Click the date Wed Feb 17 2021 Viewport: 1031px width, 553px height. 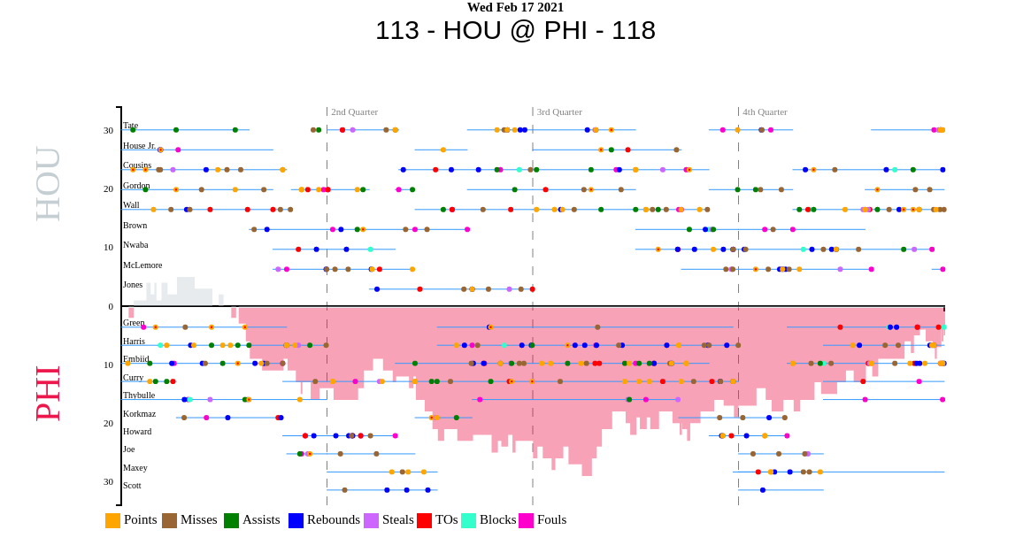515,8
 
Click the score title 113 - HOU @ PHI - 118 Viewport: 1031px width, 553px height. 515,30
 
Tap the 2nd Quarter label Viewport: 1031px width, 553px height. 354,111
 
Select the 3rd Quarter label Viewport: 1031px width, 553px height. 559,111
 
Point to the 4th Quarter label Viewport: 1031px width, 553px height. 765,111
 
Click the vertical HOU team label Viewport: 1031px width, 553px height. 47,183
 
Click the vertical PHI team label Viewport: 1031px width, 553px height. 47,392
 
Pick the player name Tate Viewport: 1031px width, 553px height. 130,126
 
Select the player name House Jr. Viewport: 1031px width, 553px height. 139,146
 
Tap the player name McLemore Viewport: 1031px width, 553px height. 142,265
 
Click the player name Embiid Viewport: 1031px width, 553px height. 136,359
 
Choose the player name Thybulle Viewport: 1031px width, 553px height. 139,396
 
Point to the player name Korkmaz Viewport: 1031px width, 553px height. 140,414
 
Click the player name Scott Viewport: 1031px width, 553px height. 132,486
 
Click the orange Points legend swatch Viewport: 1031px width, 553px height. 112,520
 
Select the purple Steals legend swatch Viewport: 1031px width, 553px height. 371,520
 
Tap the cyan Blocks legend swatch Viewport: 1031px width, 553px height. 468,520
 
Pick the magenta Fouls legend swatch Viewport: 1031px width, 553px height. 526,520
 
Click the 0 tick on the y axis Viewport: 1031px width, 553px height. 111,307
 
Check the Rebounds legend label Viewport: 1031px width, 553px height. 334,520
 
